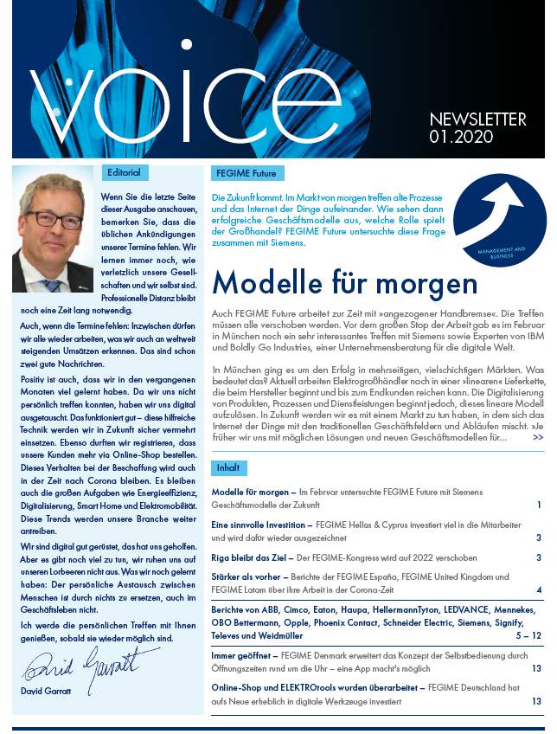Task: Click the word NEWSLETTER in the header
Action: (x=477, y=119)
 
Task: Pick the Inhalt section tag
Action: (x=228, y=468)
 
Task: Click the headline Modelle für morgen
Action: (x=344, y=283)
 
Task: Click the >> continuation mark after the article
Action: (x=538, y=438)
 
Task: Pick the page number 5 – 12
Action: (x=528, y=635)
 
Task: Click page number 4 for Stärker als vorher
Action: (x=538, y=589)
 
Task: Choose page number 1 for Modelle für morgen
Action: (x=538, y=504)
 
